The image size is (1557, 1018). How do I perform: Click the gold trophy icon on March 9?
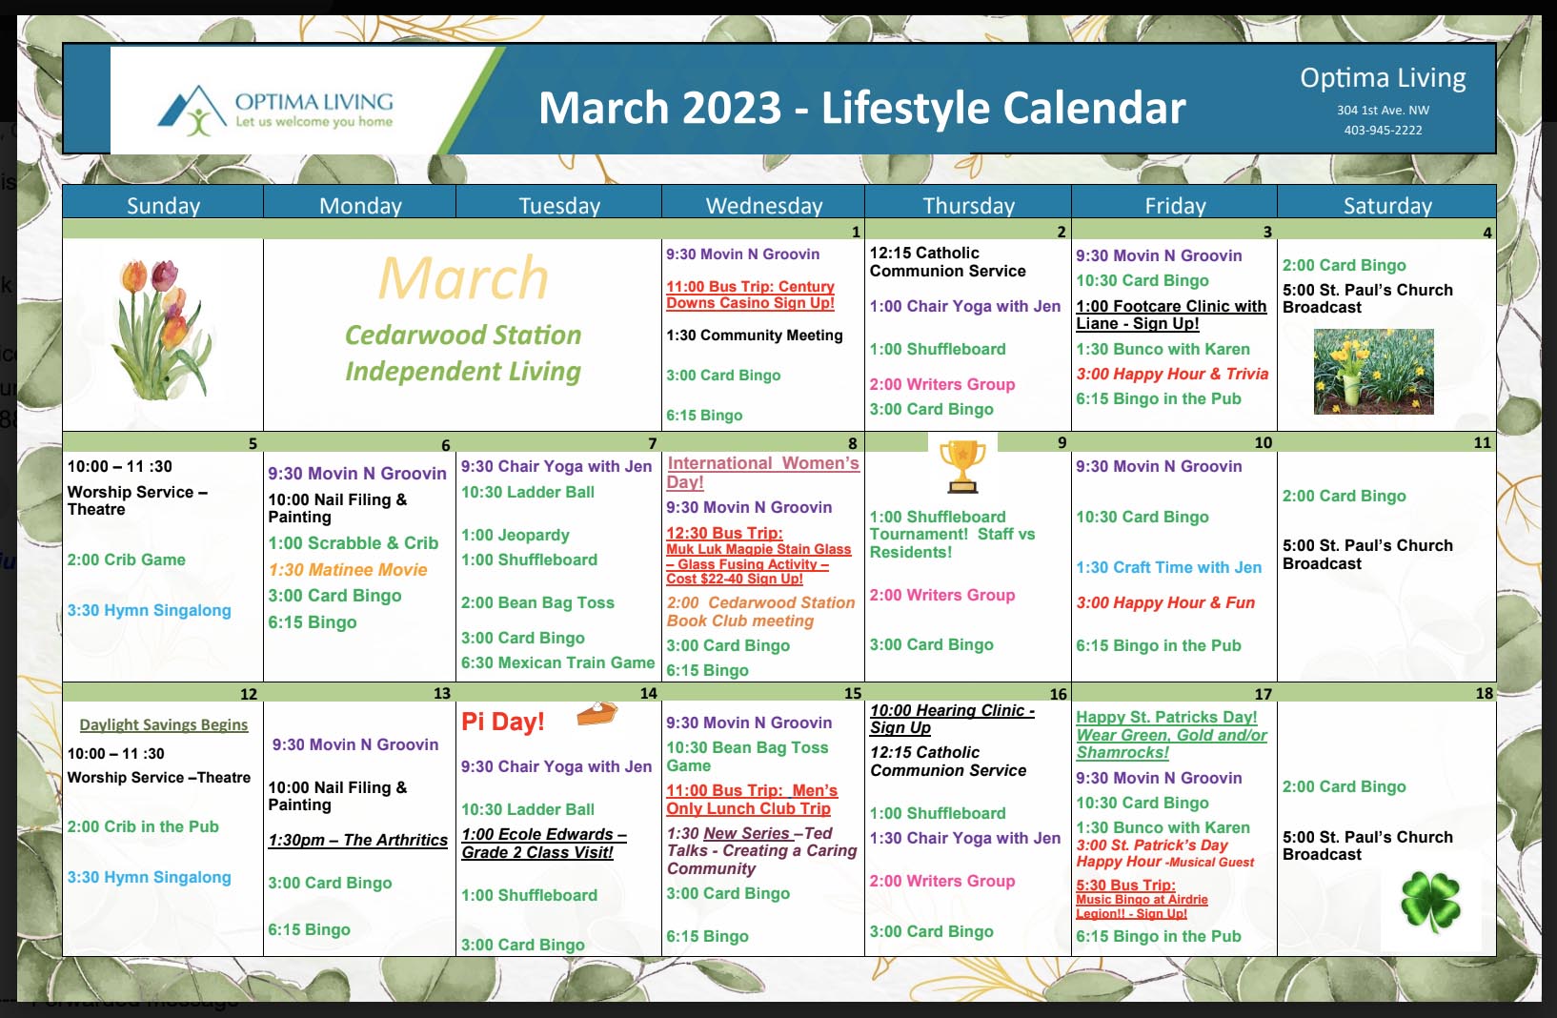pos(962,467)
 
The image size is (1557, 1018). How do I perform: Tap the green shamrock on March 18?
pos(1430,902)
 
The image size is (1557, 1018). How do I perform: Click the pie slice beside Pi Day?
pos(597,713)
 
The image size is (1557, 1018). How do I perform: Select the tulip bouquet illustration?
pos(163,329)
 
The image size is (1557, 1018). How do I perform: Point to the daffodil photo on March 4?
pos(1373,372)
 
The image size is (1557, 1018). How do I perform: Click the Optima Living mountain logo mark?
pos(192,111)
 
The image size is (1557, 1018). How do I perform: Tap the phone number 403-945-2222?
pos(1383,130)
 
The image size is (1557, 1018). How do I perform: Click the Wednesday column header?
pos(764,205)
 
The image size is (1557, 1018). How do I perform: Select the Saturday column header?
pos(1387,205)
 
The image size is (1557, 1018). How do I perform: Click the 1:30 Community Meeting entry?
pos(754,336)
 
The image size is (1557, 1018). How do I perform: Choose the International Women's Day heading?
pos(762,472)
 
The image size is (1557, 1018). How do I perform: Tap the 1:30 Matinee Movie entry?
pos(348,569)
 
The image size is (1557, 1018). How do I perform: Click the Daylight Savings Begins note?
pos(163,724)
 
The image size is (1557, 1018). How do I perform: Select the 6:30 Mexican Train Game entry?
pos(557,662)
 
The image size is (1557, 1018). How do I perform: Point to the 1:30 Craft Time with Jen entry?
pos(1168,567)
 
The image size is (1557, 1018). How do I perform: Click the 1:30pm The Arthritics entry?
pos(358,840)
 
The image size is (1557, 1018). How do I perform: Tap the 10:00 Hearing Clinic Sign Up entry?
pos(952,719)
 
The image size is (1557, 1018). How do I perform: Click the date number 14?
pos(648,693)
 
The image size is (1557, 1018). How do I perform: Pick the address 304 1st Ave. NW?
pos(1383,110)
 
